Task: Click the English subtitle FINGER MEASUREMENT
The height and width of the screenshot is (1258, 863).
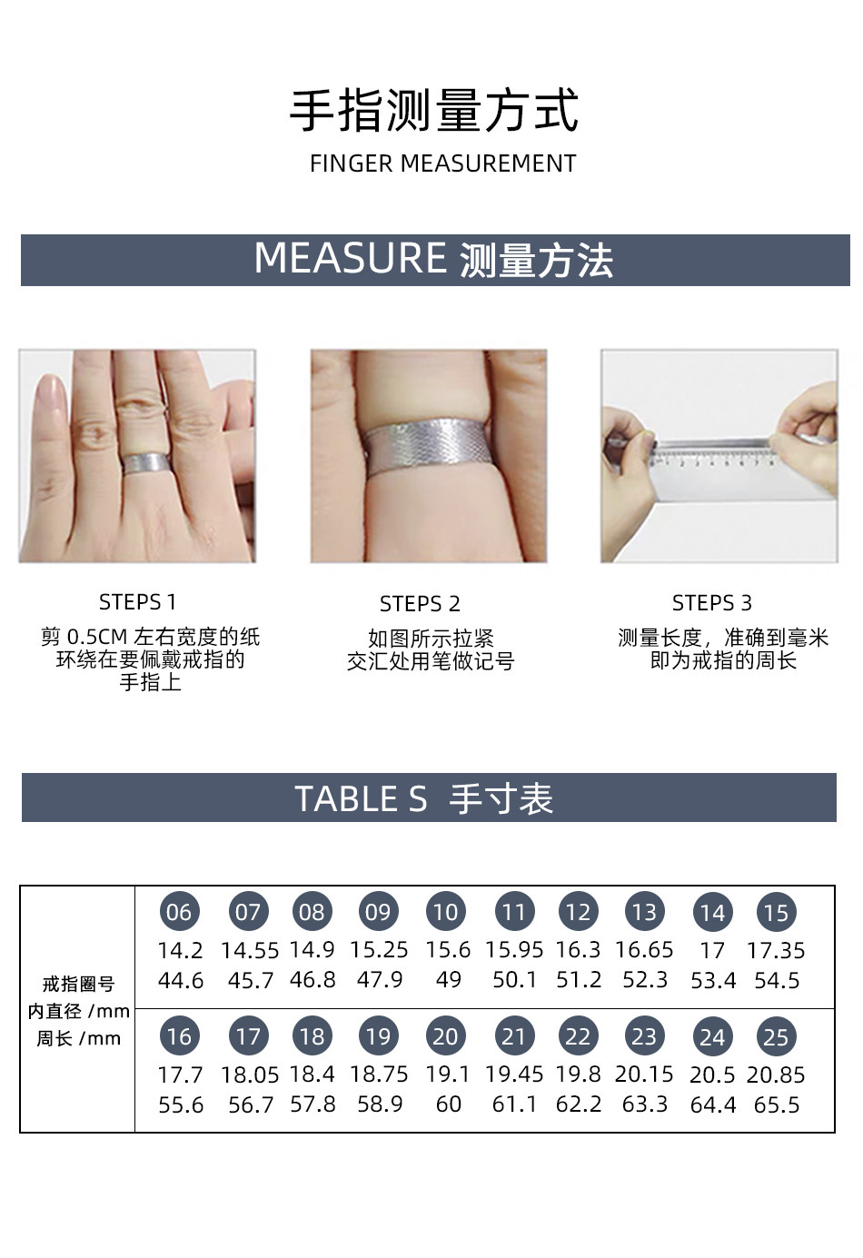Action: (442, 163)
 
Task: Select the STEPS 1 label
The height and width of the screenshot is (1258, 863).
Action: (138, 602)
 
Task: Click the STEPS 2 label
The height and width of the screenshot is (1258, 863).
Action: (420, 604)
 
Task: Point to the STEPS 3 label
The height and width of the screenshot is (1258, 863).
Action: (712, 603)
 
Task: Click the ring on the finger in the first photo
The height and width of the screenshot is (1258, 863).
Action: (147, 462)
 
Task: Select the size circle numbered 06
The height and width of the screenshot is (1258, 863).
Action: (179, 912)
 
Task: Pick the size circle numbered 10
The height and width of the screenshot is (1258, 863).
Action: (446, 912)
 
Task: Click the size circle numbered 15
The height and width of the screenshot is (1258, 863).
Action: (777, 912)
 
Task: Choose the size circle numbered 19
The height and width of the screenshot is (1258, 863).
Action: (378, 1036)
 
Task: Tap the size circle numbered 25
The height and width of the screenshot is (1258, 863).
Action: (777, 1036)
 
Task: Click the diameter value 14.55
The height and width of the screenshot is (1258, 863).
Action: (250, 951)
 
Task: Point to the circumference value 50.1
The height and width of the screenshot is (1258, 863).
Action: (514, 980)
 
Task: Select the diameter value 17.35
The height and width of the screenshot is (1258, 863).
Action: (776, 951)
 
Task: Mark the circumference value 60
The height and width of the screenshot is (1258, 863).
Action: (449, 1104)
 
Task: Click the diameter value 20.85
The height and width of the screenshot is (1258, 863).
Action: (776, 1075)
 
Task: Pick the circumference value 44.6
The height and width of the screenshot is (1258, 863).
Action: (181, 981)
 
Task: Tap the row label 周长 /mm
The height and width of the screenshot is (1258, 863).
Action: (79, 1039)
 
